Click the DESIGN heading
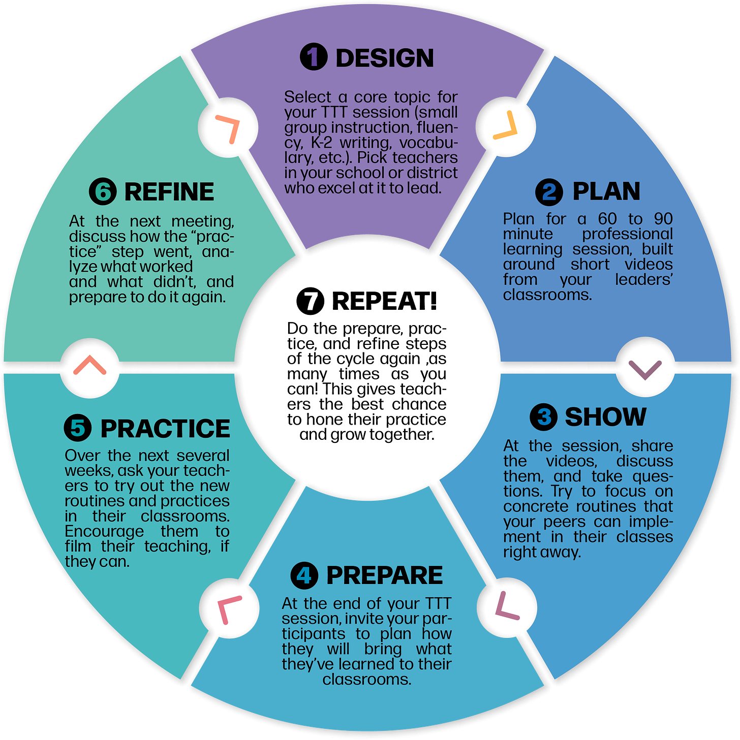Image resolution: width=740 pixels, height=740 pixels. pos(384,58)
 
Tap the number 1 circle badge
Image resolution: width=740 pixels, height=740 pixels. pos(314,56)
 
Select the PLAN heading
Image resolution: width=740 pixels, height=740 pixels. pos(606,191)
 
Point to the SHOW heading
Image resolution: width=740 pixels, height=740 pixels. pos(605,416)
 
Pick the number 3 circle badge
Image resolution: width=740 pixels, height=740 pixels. pos(543,417)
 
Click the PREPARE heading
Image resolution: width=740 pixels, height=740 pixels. pos(384,575)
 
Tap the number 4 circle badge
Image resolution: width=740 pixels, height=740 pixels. pos(304,575)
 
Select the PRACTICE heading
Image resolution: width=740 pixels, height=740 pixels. pos(165,429)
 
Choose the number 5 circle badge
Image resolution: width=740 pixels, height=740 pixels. pos(78,428)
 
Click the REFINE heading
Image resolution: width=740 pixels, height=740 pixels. pos(169,192)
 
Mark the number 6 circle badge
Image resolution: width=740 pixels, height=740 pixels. pos(103,191)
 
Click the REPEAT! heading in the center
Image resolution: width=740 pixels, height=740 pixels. pos(384,301)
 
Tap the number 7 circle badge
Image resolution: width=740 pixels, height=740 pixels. pos(310,301)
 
